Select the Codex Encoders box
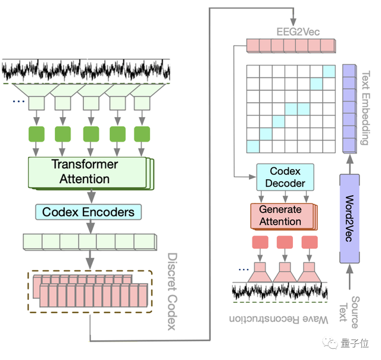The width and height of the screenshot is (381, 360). tap(88, 211)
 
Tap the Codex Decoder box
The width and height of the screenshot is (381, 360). tap(285, 177)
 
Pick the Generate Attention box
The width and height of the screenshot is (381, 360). tap(280, 216)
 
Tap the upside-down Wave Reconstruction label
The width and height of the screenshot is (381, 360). tap(280, 320)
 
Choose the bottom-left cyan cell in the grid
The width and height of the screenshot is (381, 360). tap(254, 146)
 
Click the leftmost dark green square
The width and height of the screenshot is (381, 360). tap(35, 133)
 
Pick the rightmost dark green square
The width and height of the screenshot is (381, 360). tap(142, 133)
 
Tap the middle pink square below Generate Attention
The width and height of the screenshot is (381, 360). tap(285, 242)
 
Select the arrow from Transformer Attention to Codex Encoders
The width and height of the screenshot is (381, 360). tap(91, 195)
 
